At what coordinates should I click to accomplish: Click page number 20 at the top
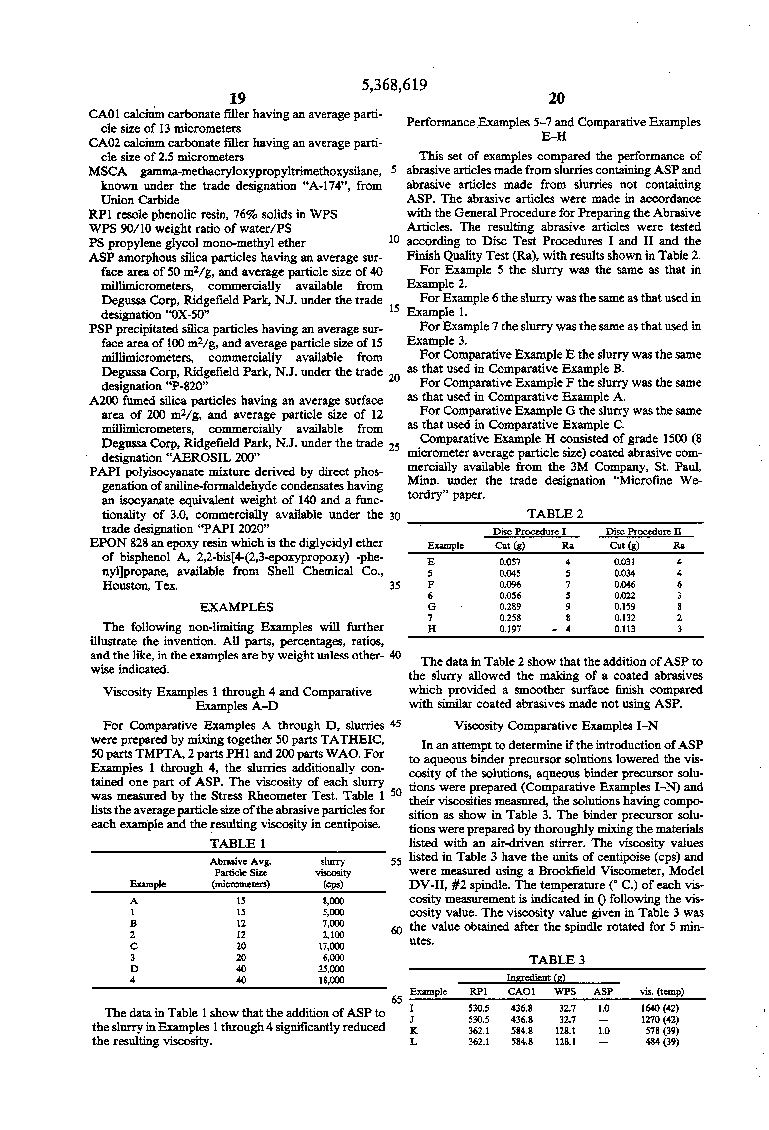tap(557, 99)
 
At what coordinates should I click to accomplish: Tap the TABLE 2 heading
tap(555, 514)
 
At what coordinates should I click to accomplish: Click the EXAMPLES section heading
tap(236, 607)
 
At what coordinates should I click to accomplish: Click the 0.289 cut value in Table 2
tap(510, 607)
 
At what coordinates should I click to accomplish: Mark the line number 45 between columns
tap(395, 723)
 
